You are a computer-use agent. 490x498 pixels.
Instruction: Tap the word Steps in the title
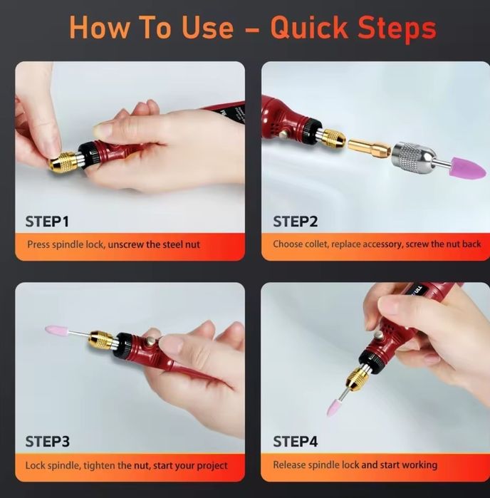(x=397, y=29)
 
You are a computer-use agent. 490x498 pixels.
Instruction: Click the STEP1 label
(x=47, y=222)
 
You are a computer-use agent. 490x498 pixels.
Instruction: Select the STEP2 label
(x=296, y=222)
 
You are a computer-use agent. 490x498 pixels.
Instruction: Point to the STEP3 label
(x=47, y=442)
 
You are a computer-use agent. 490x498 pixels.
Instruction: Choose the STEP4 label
(x=296, y=442)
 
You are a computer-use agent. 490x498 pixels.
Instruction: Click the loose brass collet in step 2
(x=370, y=148)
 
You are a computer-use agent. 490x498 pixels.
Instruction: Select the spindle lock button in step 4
(x=378, y=336)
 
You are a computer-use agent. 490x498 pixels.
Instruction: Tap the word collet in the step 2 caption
(x=316, y=244)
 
